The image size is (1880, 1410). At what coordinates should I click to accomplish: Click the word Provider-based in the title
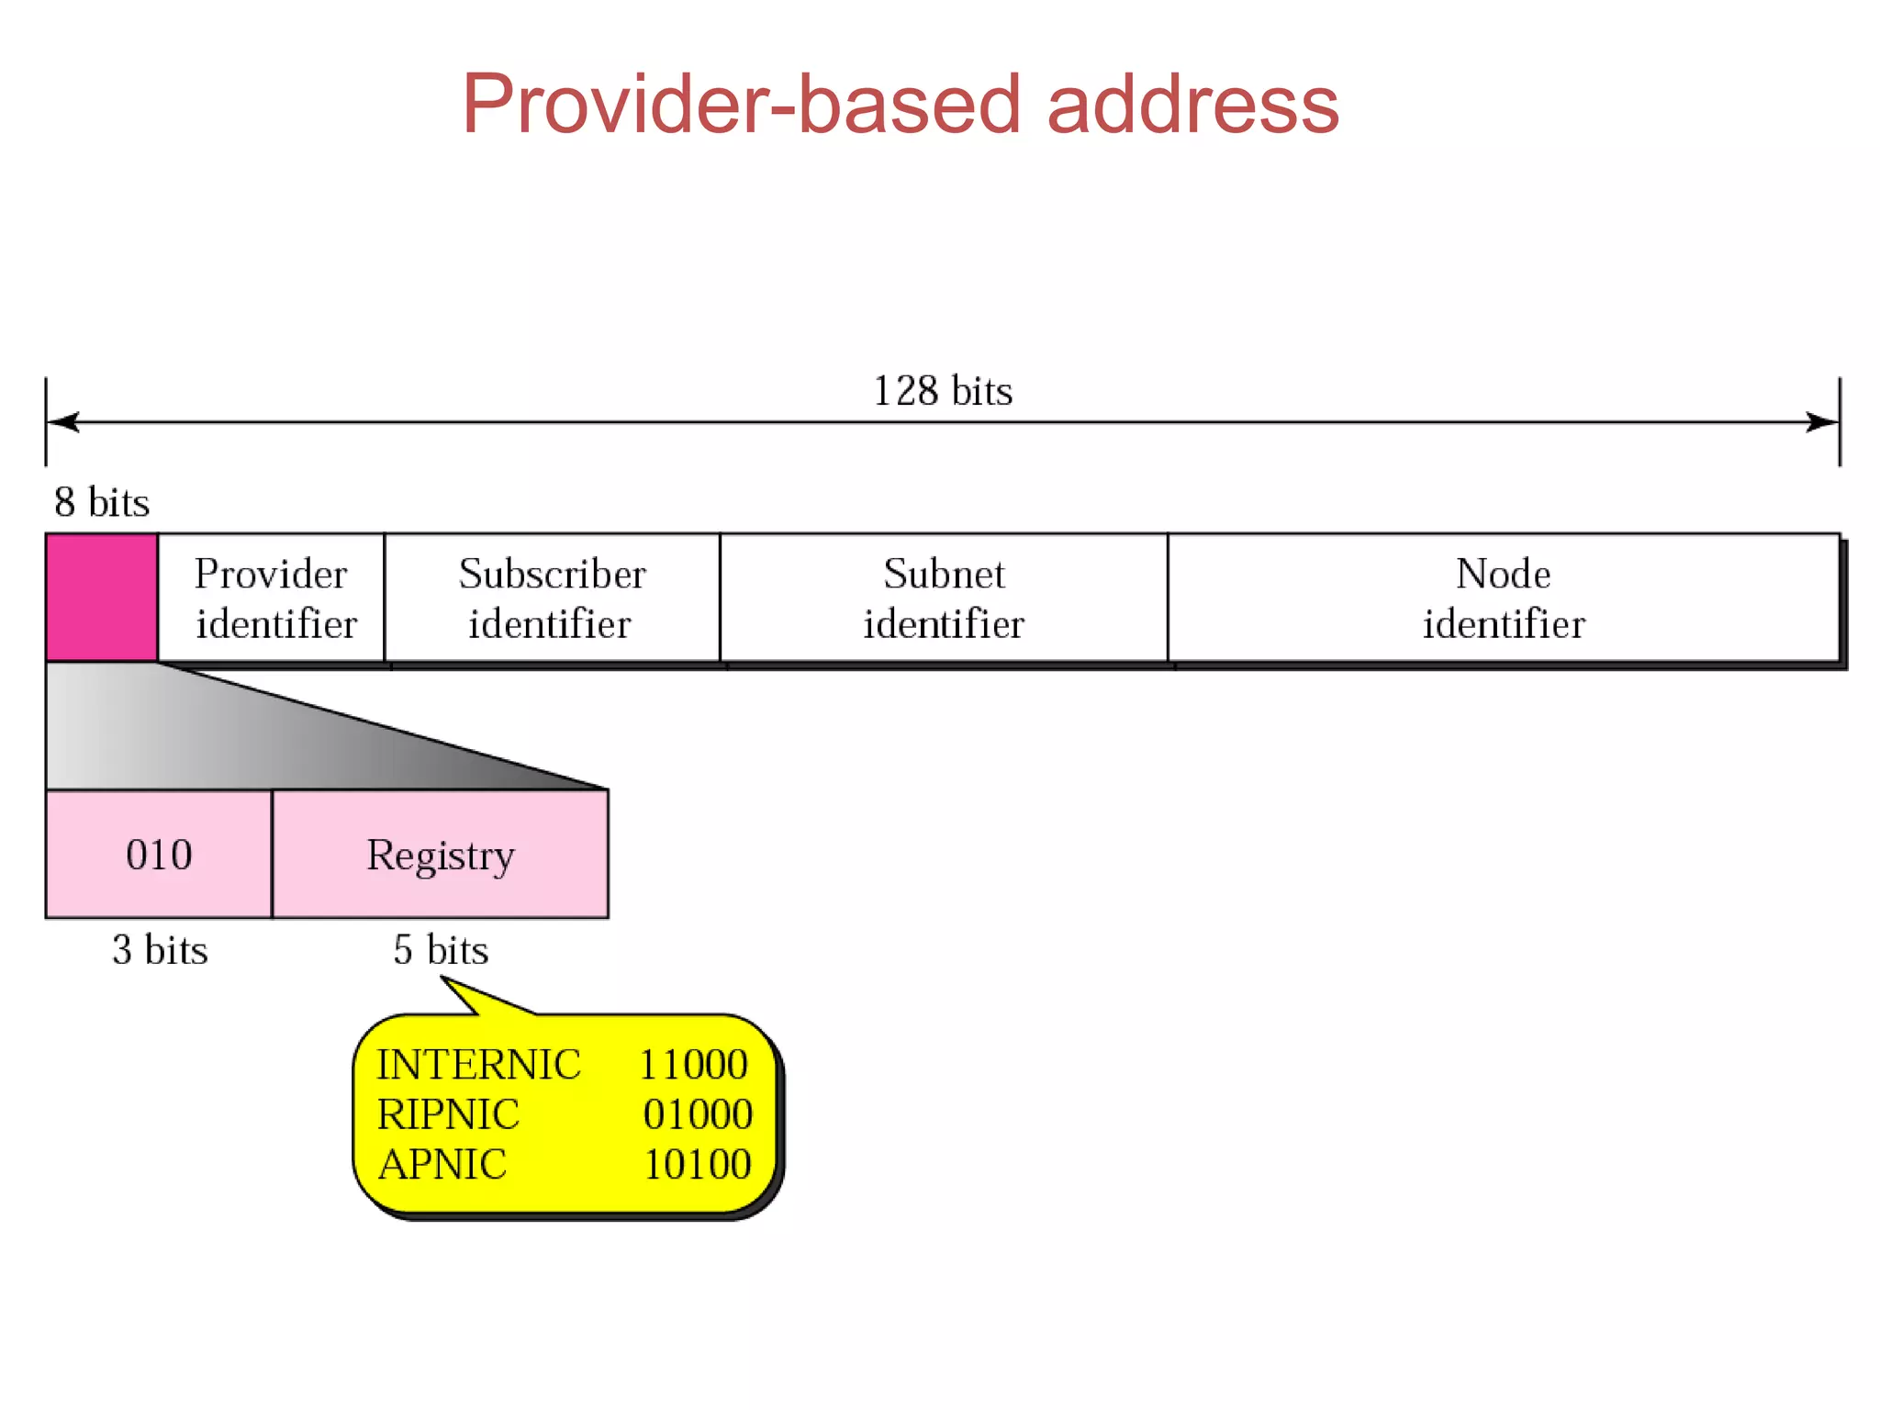click(x=740, y=104)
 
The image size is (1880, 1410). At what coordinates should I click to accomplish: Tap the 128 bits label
click(x=943, y=391)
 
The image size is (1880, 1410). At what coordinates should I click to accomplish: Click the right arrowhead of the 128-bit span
click(x=1823, y=422)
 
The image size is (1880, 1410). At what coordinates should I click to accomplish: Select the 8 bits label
click(x=101, y=502)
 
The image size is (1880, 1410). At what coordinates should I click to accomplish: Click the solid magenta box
click(x=101, y=597)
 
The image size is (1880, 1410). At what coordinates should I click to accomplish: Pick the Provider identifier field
click(x=272, y=598)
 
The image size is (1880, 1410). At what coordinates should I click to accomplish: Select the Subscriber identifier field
click(x=552, y=598)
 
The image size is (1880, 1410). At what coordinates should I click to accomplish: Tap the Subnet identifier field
click(x=943, y=598)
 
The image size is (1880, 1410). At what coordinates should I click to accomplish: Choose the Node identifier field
click(x=1503, y=598)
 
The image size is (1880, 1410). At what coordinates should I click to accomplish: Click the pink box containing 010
click(x=159, y=855)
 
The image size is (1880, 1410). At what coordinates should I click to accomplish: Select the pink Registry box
click(x=441, y=855)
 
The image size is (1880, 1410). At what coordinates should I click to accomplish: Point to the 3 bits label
click(x=160, y=950)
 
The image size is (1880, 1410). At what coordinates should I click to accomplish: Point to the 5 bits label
click(x=441, y=950)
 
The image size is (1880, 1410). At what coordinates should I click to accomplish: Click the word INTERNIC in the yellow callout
click(x=478, y=1065)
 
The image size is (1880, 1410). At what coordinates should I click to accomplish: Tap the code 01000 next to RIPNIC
click(x=698, y=1114)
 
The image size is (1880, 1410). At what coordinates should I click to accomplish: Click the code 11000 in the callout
click(x=694, y=1065)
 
